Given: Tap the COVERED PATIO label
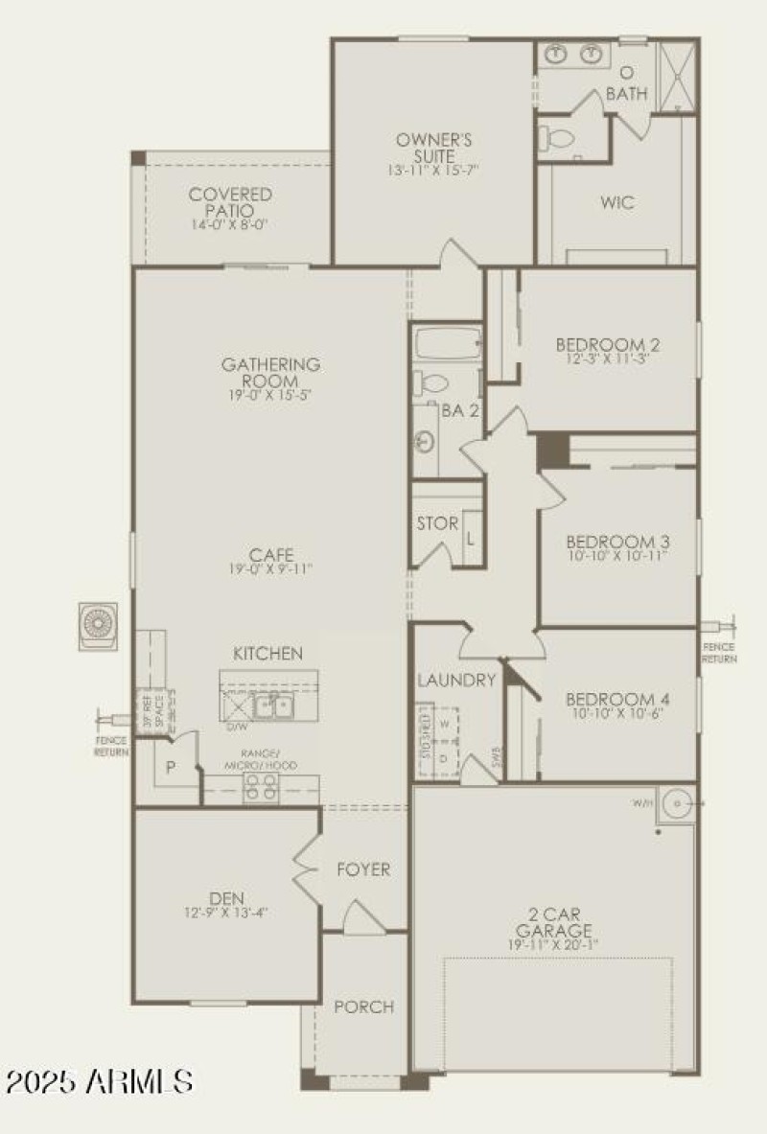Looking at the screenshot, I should tap(230, 202).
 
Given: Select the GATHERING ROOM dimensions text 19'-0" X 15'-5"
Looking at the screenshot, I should tap(270, 394).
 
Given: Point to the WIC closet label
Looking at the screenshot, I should tap(617, 202).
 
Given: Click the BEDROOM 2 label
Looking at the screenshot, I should tap(608, 344).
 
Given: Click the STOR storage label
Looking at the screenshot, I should tap(437, 524).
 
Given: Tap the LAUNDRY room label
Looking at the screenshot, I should tap(456, 681).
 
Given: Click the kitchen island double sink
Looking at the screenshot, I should tap(273, 706).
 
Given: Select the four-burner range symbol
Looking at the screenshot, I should tap(262, 787).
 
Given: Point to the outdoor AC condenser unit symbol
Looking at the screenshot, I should tap(99, 624).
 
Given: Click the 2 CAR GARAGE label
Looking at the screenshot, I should tap(553, 921).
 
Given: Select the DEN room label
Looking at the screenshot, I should tap(224, 897).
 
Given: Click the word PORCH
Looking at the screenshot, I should tap(363, 1007).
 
